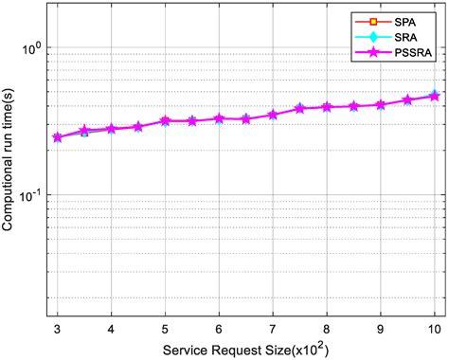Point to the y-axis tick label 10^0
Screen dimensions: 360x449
[x=34, y=46]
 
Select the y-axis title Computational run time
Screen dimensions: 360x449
[x=10, y=157]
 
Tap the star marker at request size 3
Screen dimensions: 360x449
[x=58, y=137]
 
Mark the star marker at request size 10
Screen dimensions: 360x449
[x=435, y=96]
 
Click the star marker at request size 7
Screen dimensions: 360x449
[x=273, y=115]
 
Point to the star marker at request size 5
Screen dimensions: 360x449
[x=165, y=121]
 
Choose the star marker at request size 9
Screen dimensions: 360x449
[x=381, y=105]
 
